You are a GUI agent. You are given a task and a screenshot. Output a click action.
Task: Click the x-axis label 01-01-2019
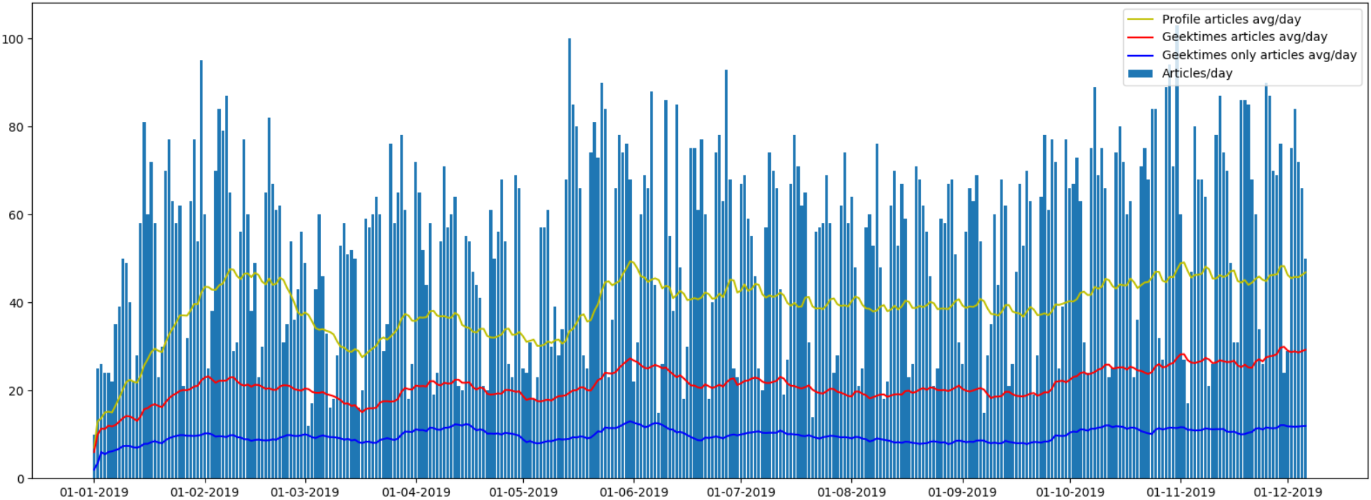click(x=93, y=492)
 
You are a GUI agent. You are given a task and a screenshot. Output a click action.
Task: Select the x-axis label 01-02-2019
click(x=204, y=492)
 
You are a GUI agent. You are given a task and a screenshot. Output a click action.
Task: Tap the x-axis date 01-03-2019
click(x=304, y=492)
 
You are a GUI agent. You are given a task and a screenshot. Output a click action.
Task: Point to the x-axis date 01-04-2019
click(x=416, y=492)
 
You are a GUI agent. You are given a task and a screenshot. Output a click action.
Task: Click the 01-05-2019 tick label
click(x=523, y=492)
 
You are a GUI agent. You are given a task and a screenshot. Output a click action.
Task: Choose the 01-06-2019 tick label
click(x=634, y=492)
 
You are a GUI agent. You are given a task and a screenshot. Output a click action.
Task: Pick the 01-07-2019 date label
click(x=741, y=492)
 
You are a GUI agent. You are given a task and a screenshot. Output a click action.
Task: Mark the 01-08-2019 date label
click(x=851, y=492)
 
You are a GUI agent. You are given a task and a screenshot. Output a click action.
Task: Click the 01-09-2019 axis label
click(x=962, y=492)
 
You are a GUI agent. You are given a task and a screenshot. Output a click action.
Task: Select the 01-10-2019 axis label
click(x=1070, y=492)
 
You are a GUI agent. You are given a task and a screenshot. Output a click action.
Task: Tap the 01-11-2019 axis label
click(x=1181, y=492)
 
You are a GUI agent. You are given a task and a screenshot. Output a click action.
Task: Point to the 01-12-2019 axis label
click(x=1287, y=492)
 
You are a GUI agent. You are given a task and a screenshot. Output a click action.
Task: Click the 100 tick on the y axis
click(x=13, y=39)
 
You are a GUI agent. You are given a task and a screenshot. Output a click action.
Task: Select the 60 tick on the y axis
click(x=16, y=215)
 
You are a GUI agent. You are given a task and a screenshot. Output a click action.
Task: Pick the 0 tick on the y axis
click(x=20, y=479)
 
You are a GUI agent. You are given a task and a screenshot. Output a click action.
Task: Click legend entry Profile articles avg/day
click(x=1231, y=19)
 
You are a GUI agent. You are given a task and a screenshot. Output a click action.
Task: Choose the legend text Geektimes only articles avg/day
click(x=1259, y=55)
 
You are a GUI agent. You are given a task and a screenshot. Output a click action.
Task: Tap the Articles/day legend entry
click(x=1197, y=73)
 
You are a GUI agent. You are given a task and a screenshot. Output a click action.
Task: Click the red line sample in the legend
click(x=1140, y=37)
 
